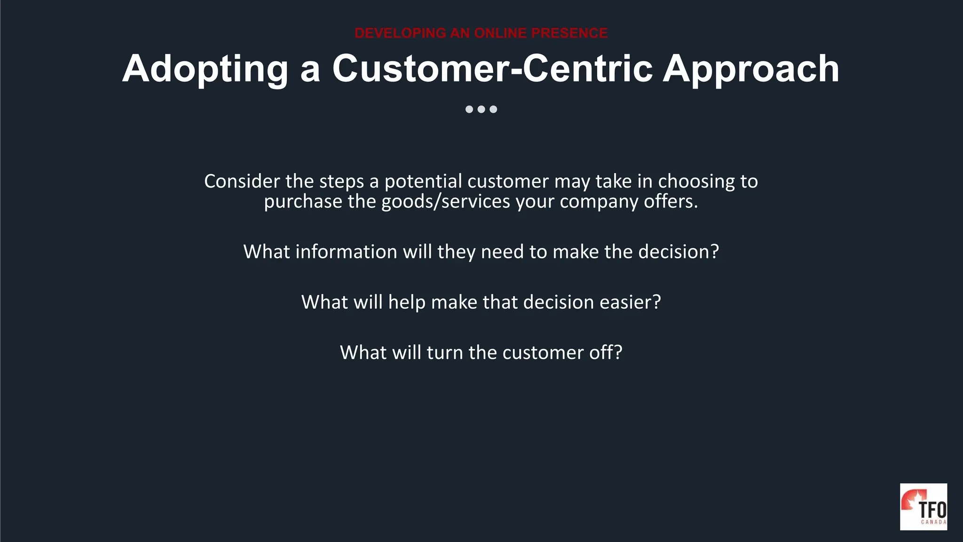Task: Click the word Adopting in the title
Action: (x=205, y=69)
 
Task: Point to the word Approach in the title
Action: (x=751, y=69)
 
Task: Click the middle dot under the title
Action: (x=481, y=109)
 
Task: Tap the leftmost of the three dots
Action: (x=469, y=109)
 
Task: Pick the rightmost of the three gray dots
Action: (x=493, y=109)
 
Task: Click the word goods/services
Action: (x=445, y=202)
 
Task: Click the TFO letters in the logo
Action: (x=932, y=510)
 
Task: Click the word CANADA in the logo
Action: (x=933, y=522)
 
